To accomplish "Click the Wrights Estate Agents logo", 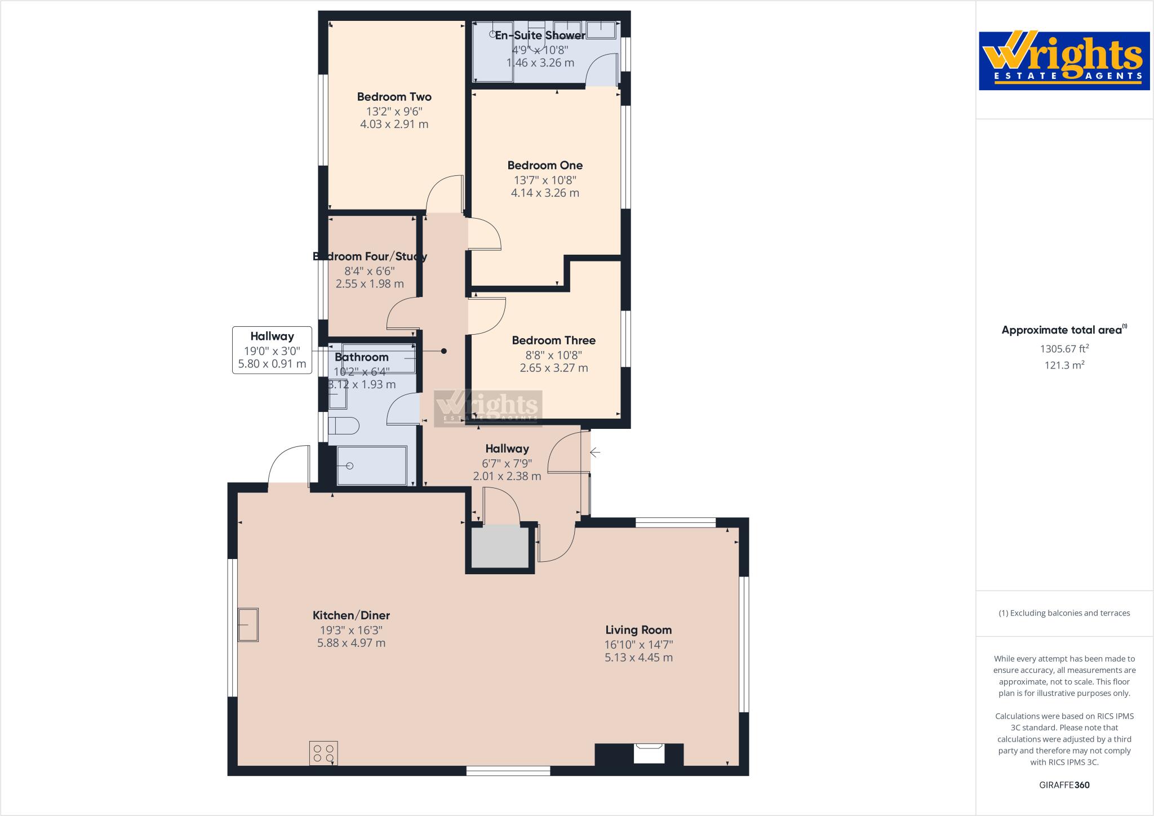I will click(1064, 60).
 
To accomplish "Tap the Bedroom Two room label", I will click(394, 97).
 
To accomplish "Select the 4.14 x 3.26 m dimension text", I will click(544, 193).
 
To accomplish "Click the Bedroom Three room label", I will click(553, 340).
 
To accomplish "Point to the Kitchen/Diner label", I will click(351, 615).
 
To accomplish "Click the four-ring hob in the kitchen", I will click(323, 753).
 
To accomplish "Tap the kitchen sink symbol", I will click(248, 624).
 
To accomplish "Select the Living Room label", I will click(638, 630).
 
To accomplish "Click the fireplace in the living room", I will click(649, 753).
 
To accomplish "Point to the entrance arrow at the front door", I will click(595, 452).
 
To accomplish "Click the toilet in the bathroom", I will click(343, 426).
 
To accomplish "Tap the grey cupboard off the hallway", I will click(500, 547).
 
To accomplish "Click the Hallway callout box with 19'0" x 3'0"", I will click(272, 350).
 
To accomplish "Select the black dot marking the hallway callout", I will click(444, 351).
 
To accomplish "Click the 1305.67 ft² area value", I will click(1064, 349).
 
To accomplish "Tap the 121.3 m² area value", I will click(1064, 365).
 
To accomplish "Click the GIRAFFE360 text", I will click(1064, 785).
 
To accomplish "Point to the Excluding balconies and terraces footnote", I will click(1064, 613).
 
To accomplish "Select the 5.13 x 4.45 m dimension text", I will click(638, 657).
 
